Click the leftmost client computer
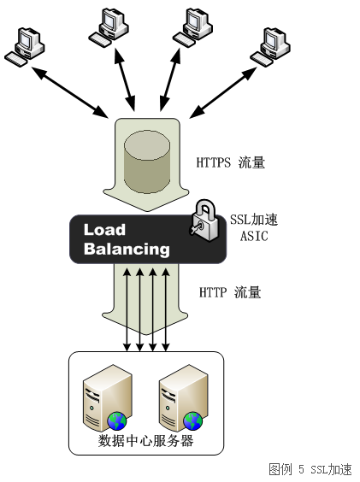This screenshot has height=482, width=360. coord(25,47)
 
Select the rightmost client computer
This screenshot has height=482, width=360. coord(270,47)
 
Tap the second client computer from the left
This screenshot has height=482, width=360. coord(109,27)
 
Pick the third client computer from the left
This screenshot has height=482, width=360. coord(192,27)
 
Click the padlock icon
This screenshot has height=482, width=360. coord(204,220)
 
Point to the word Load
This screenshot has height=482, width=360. coord(104,230)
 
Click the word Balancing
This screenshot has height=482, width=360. coord(127,249)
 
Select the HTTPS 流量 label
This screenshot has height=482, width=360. coord(231,162)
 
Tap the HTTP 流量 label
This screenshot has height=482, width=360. coord(230,292)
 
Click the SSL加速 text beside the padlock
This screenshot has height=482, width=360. coord(254,220)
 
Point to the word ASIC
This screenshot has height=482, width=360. coord(254,236)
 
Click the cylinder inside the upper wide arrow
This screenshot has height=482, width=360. coord(147,162)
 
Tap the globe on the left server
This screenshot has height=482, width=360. coord(117,421)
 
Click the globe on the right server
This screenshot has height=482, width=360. coord(193,421)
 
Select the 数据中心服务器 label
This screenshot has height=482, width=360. coord(146,440)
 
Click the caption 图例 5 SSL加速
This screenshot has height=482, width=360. coord(310,469)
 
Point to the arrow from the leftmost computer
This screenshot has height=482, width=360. coord(70,92)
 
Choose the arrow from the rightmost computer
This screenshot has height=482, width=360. coord(223,92)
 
